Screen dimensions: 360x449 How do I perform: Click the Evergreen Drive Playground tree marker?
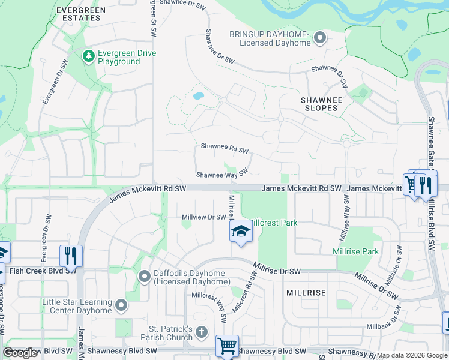(89, 56)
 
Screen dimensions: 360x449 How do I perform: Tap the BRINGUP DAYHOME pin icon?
(320, 39)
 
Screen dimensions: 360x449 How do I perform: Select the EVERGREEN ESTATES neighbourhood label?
(80, 14)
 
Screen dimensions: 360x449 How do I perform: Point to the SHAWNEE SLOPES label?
(321, 104)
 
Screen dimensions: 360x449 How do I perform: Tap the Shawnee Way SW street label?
(222, 174)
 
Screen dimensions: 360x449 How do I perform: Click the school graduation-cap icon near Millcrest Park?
(241, 231)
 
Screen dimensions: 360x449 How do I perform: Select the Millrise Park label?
(356, 251)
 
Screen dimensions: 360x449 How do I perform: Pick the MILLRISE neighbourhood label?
(306, 293)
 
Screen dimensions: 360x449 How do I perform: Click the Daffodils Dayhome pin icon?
(145, 277)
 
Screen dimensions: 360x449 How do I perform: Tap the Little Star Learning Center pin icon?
(121, 306)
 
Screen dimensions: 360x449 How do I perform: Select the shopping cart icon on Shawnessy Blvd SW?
(227, 346)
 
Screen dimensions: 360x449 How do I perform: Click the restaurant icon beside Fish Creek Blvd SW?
(71, 256)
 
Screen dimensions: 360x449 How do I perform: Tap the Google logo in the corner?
(20, 353)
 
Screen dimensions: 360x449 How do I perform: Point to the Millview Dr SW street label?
(203, 217)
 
